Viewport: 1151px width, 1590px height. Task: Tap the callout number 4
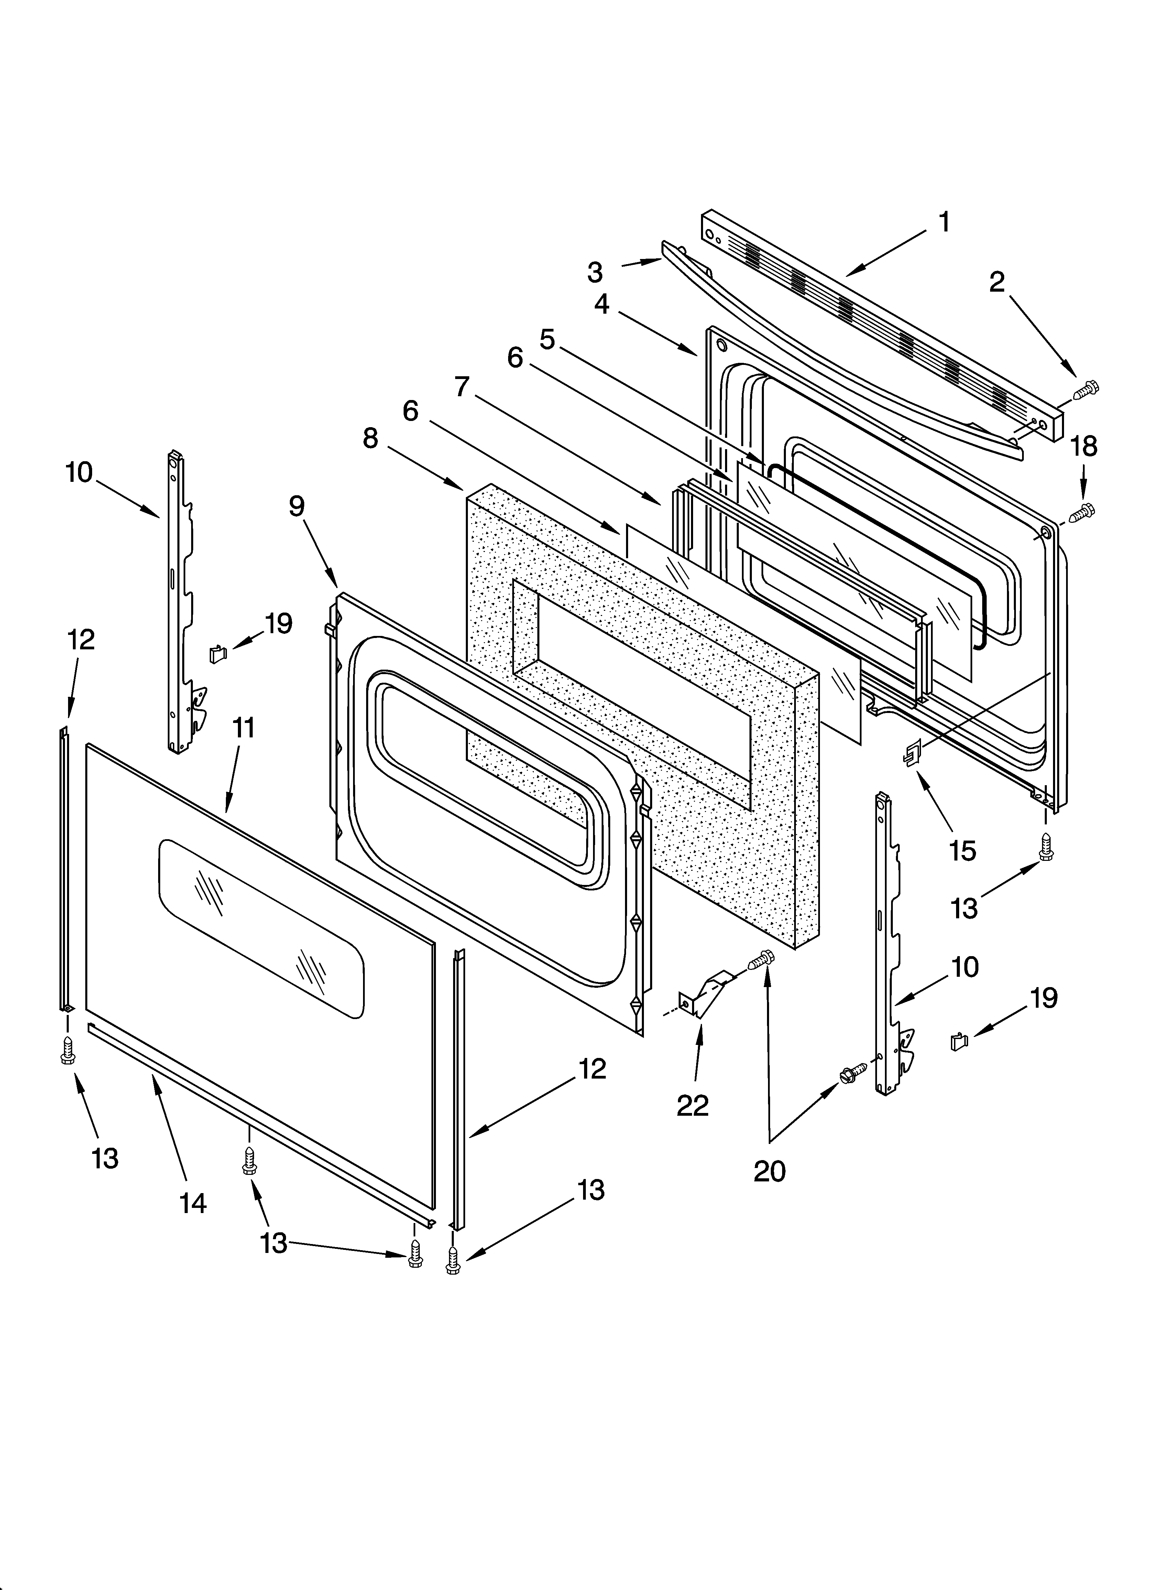tap(601, 304)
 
